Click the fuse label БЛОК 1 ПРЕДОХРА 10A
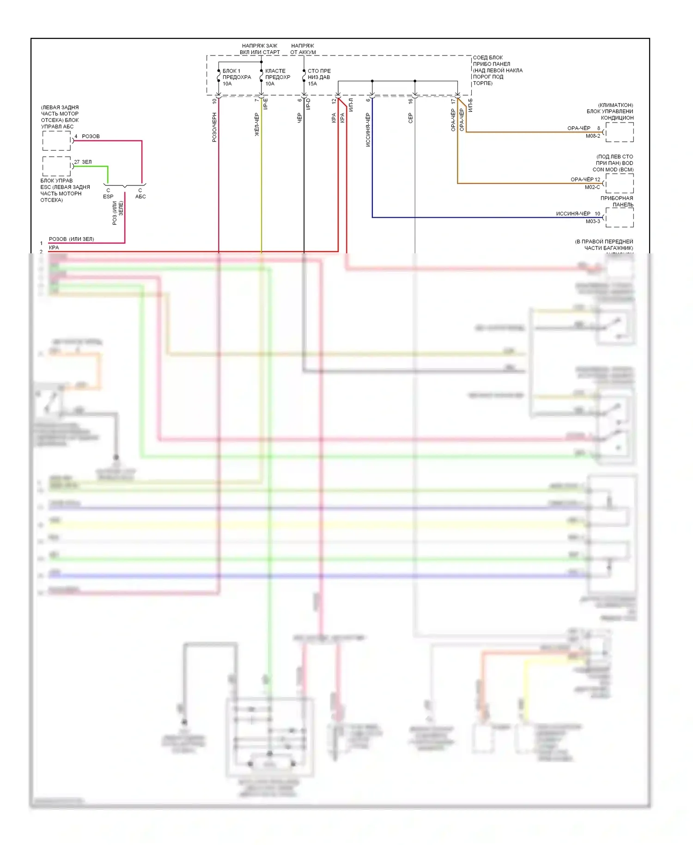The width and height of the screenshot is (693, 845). (x=236, y=77)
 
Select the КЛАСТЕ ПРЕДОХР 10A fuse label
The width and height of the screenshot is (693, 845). (x=277, y=77)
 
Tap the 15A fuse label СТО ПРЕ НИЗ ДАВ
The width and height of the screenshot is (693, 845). (x=319, y=77)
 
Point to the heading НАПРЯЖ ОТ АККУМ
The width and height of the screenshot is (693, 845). (x=303, y=49)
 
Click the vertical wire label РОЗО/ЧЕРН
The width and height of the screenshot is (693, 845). (x=214, y=127)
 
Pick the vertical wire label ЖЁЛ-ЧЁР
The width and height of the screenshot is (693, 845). (x=257, y=124)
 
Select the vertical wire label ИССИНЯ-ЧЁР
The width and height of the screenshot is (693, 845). (x=368, y=130)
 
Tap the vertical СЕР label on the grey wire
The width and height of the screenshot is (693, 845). (x=410, y=118)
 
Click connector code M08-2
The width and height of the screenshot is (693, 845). (x=593, y=136)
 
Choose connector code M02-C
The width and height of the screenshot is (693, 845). (x=592, y=187)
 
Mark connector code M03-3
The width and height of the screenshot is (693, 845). (x=593, y=221)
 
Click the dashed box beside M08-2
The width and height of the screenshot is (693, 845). (x=620, y=132)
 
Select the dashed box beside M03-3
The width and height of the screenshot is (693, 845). (x=620, y=217)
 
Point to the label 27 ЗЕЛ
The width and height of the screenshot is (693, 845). (x=83, y=162)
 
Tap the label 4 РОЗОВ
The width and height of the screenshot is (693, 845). (x=87, y=136)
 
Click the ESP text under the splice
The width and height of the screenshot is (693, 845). (x=108, y=196)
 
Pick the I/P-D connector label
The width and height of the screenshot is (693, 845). (x=308, y=104)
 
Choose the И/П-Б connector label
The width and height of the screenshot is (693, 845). (x=470, y=105)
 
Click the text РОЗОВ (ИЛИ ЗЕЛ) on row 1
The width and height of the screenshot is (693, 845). (x=71, y=239)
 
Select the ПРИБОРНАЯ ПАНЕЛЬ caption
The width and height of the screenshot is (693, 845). (x=617, y=202)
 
